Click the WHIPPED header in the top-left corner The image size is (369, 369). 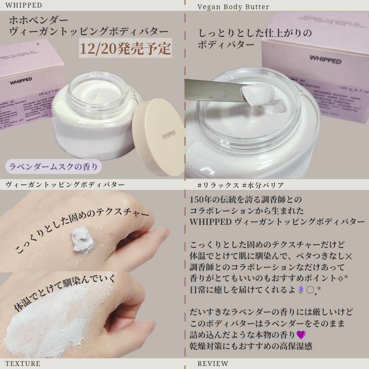click(24, 5)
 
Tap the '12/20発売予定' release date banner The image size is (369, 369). click(125, 49)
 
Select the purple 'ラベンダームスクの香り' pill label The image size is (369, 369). click(53, 167)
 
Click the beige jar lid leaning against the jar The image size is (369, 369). click(158, 137)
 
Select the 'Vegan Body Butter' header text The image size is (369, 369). click(233, 7)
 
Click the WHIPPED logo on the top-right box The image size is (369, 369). click(325, 59)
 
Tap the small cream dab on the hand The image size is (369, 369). click(82, 239)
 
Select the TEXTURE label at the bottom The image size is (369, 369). click(23, 364)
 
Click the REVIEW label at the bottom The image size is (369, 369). click(213, 364)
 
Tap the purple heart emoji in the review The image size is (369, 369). click(301, 334)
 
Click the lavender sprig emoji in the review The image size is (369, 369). click(301, 290)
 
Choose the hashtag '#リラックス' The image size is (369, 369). click(218, 185)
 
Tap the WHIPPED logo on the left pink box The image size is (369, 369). click(21, 81)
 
